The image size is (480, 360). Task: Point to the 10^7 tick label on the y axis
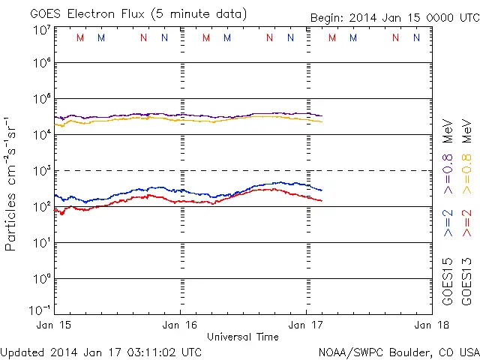[41, 30]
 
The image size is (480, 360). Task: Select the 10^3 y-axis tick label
[41, 171]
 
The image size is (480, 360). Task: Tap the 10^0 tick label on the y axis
[41, 279]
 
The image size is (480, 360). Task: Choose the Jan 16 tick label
[180, 325]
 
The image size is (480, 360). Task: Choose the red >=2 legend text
[466, 223]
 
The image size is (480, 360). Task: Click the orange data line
[225, 119]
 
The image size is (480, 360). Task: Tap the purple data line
[225, 116]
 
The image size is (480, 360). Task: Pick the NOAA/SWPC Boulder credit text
[398, 351]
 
